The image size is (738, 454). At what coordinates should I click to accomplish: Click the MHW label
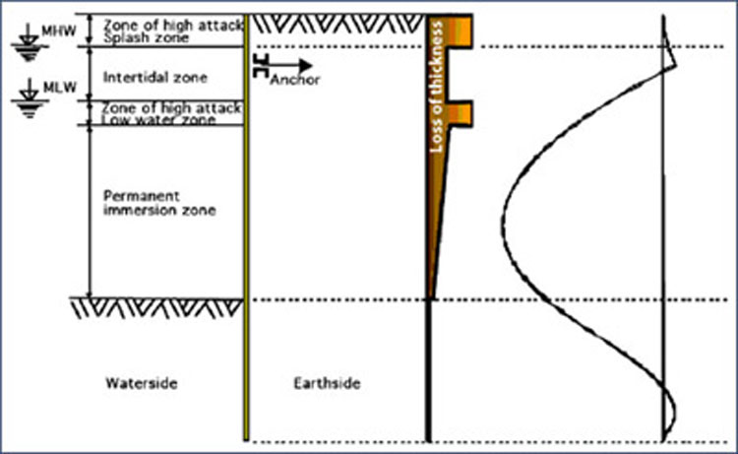click(59, 32)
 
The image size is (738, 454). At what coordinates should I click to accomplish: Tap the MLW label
click(60, 87)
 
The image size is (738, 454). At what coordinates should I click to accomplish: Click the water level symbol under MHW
click(30, 43)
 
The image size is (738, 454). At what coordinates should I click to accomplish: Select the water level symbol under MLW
click(30, 98)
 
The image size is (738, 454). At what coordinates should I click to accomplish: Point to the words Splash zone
click(147, 38)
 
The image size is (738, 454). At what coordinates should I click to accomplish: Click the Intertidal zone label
click(155, 77)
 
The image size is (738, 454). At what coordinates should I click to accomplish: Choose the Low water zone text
click(159, 119)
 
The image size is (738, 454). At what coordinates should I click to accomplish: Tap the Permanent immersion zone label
click(159, 203)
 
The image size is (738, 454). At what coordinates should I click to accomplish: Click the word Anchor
click(295, 80)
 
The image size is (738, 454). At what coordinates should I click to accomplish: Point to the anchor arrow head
click(305, 65)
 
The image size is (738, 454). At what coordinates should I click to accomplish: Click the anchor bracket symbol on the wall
click(261, 65)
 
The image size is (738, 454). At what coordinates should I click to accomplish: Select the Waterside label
click(142, 383)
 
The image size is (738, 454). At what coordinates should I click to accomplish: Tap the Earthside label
click(327, 383)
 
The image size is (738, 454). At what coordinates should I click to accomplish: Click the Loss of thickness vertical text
click(437, 87)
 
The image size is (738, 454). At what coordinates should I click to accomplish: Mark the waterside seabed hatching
click(156, 308)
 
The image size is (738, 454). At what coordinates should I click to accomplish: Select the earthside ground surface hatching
click(337, 24)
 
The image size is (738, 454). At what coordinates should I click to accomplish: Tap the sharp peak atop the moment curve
click(676, 65)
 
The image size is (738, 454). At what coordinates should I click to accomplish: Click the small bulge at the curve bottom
click(674, 415)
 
